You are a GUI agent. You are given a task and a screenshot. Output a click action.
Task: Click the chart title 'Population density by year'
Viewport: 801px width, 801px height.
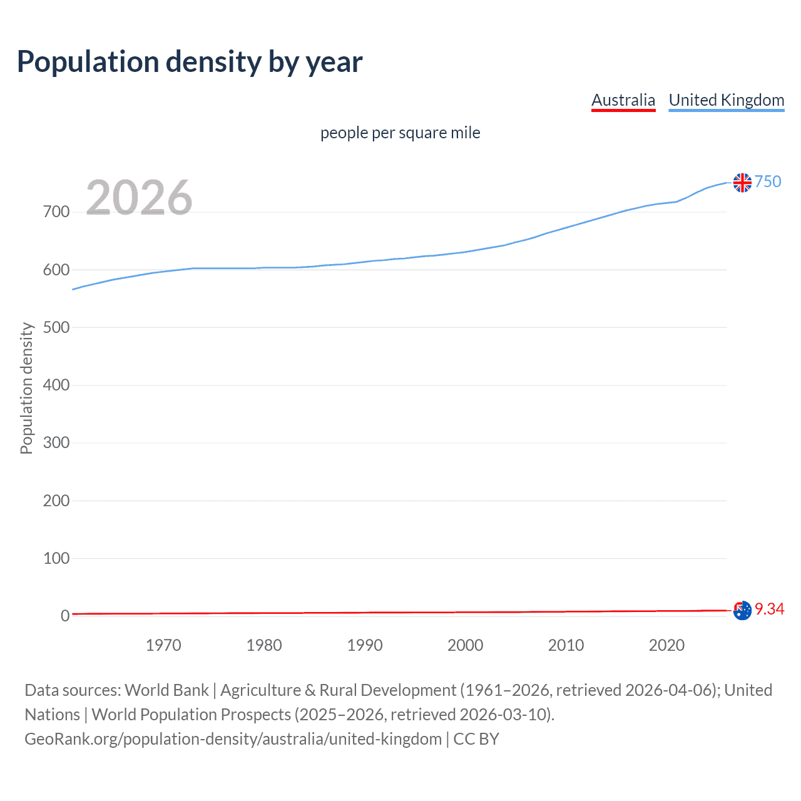tap(190, 62)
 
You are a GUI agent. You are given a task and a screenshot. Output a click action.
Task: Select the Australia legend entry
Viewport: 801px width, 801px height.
tap(623, 100)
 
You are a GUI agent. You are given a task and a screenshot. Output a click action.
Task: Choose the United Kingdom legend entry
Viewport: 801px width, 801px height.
tap(726, 100)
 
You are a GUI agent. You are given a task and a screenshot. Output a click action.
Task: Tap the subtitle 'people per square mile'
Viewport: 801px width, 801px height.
tap(400, 133)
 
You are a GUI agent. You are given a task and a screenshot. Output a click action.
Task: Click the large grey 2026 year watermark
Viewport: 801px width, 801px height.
tap(139, 198)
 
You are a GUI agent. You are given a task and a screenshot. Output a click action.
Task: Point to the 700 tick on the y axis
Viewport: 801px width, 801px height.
tap(56, 212)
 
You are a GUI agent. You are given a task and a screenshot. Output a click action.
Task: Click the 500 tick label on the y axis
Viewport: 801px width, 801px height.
tap(56, 327)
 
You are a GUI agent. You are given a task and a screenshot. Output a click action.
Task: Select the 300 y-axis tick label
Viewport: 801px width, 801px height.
tap(56, 443)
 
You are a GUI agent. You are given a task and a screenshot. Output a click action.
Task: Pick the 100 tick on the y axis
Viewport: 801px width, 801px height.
tap(56, 558)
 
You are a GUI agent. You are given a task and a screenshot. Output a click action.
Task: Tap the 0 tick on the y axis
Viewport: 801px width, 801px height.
tap(65, 616)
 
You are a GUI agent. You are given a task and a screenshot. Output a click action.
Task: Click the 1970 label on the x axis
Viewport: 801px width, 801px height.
tap(163, 645)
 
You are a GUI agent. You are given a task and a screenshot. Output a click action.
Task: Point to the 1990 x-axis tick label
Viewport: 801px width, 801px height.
tap(365, 645)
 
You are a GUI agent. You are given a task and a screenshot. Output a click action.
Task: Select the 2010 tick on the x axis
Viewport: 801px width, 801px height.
tap(566, 645)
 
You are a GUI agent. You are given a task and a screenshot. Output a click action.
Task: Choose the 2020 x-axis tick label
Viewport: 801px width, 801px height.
tap(666, 645)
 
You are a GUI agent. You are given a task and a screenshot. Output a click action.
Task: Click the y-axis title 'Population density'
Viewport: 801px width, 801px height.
tap(26, 388)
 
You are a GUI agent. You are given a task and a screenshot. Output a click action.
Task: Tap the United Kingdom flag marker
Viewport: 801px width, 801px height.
tap(742, 183)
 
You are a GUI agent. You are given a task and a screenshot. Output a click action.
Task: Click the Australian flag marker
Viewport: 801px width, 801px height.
tap(742, 610)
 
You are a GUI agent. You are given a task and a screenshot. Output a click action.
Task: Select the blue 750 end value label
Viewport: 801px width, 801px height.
tap(768, 181)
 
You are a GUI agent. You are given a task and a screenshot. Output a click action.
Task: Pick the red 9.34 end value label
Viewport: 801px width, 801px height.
tap(769, 609)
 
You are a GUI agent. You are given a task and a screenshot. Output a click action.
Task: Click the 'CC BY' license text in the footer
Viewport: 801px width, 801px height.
tap(476, 739)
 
